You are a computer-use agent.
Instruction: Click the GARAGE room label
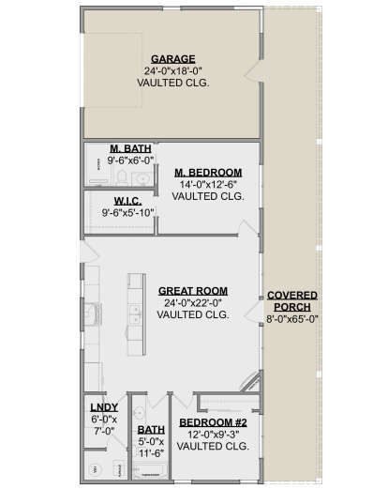173,59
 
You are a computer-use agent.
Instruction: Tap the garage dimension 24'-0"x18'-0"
173,71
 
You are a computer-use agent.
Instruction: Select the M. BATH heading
130,148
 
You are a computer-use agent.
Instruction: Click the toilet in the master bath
122,177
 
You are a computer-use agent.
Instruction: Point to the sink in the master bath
142,179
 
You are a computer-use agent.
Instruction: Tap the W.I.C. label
127,201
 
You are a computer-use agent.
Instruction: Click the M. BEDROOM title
208,173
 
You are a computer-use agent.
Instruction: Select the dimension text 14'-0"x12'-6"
208,184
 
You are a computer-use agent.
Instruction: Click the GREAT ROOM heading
193,291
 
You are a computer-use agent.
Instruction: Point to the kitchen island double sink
135,314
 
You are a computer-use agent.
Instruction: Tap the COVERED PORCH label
292,301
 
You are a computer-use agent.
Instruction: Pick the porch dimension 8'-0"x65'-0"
292,319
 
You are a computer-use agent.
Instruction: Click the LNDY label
104,407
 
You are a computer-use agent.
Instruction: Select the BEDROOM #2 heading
213,422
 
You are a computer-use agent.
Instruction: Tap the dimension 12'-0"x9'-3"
213,435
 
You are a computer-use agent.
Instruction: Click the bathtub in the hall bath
149,470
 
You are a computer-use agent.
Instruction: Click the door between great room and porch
252,313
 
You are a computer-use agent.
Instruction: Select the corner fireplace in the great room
251,382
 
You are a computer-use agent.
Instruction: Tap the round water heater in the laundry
95,469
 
